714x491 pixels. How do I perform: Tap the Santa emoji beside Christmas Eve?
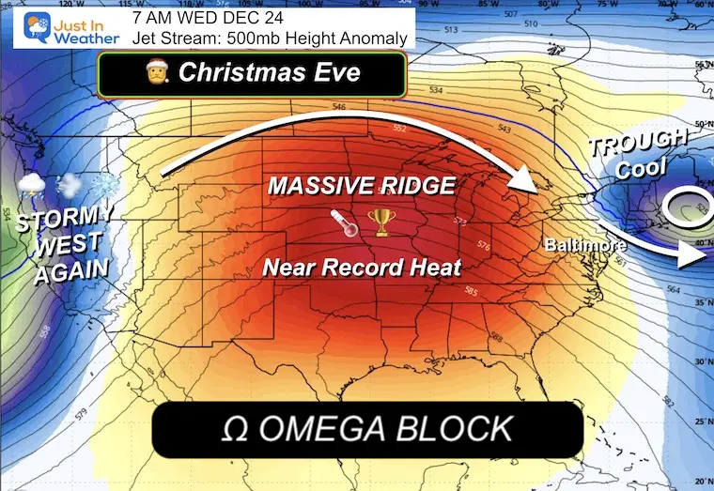pyautogui.click(x=157, y=72)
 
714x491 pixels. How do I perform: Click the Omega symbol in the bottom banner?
pyautogui.click(x=234, y=429)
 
